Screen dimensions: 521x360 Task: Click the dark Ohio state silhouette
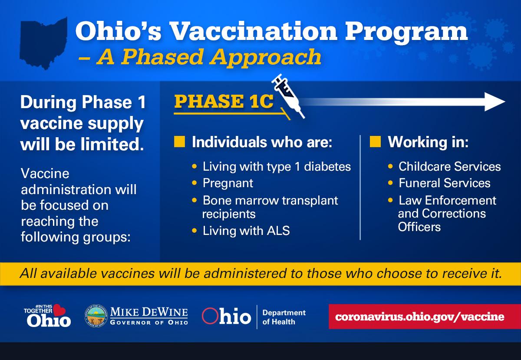pyautogui.click(x=44, y=43)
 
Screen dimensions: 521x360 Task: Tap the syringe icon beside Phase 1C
pyautogui.click(x=288, y=96)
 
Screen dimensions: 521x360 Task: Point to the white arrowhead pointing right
pyautogui.click(x=495, y=102)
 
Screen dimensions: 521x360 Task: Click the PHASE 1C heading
pyautogui.click(x=224, y=102)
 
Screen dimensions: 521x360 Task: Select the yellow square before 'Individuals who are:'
pyautogui.click(x=180, y=142)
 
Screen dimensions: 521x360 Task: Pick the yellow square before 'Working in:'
pyautogui.click(x=376, y=142)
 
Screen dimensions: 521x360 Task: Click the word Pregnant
pyautogui.click(x=228, y=183)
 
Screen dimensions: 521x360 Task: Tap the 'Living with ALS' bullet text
pyautogui.click(x=246, y=231)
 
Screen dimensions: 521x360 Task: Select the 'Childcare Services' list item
pyautogui.click(x=450, y=167)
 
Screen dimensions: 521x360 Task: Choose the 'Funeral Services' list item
pyautogui.click(x=445, y=183)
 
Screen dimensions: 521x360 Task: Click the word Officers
pyautogui.click(x=419, y=227)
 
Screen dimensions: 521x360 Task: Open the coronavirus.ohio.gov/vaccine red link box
pyautogui.click(x=425, y=317)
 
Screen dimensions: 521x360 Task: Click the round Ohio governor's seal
pyautogui.click(x=96, y=316)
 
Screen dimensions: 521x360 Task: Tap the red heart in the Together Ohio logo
pyautogui.click(x=59, y=310)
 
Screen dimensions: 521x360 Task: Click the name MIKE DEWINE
pyautogui.click(x=149, y=312)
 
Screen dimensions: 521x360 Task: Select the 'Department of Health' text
pyautogui.click(x=284, y=317)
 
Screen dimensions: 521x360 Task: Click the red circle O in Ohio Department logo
pyautogui.click(x=210, y=316)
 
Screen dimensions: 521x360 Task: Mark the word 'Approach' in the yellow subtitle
pyautogui.click(x=265, y=57)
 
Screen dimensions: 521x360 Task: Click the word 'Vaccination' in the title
pyautogui.click(x=253, y=31)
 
